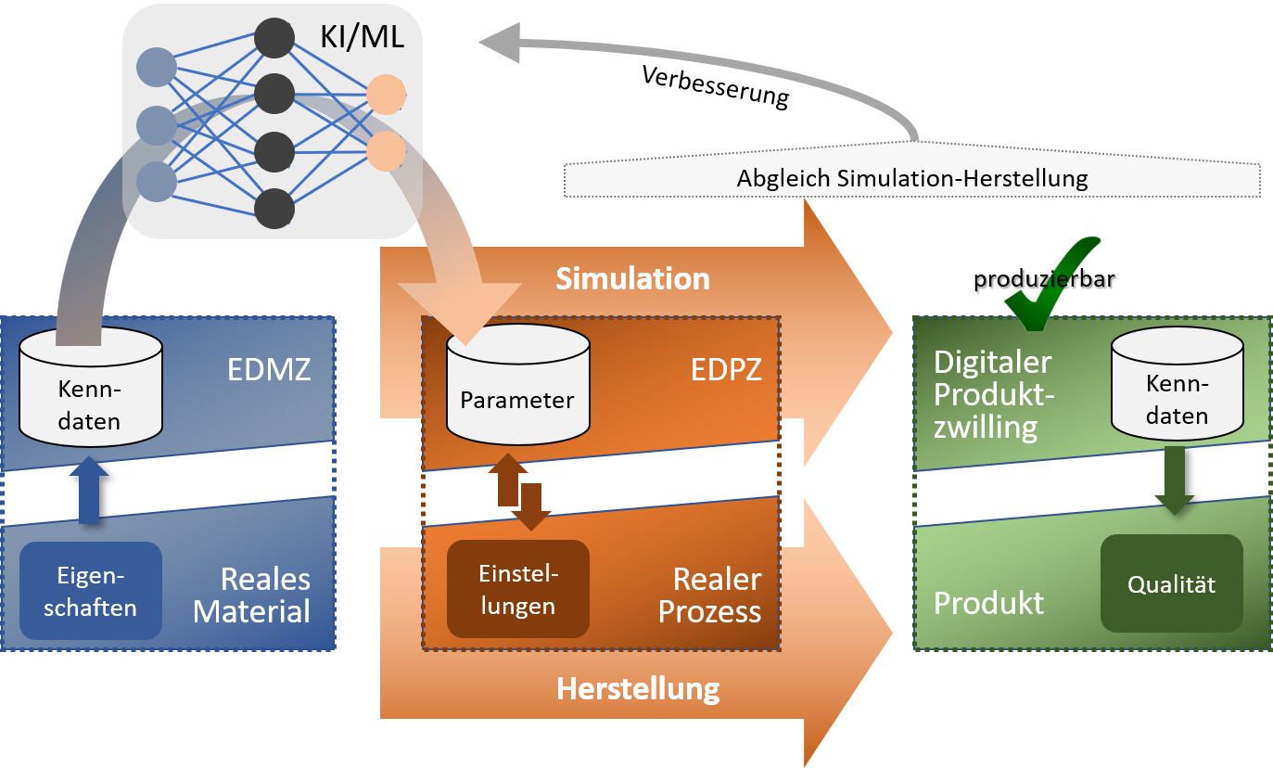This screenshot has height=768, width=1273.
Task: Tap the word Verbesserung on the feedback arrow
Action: (x=715, y=87)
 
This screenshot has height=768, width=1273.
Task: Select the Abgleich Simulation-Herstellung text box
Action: (x=911, y=178)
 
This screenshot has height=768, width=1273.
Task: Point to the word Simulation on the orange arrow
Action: (x=632, y=278)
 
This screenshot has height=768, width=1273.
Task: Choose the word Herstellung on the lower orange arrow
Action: (x=638, y=689)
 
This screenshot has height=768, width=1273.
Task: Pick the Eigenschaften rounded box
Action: (x=91, y=591)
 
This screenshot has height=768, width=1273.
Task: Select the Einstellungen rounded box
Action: (x=517, y=589)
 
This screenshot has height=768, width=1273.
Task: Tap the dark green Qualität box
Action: (x=1171, y=584)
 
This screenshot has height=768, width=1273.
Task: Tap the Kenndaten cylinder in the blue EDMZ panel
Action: (x=90, y=389)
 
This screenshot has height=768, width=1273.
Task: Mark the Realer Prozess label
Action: (x=716, y=595)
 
